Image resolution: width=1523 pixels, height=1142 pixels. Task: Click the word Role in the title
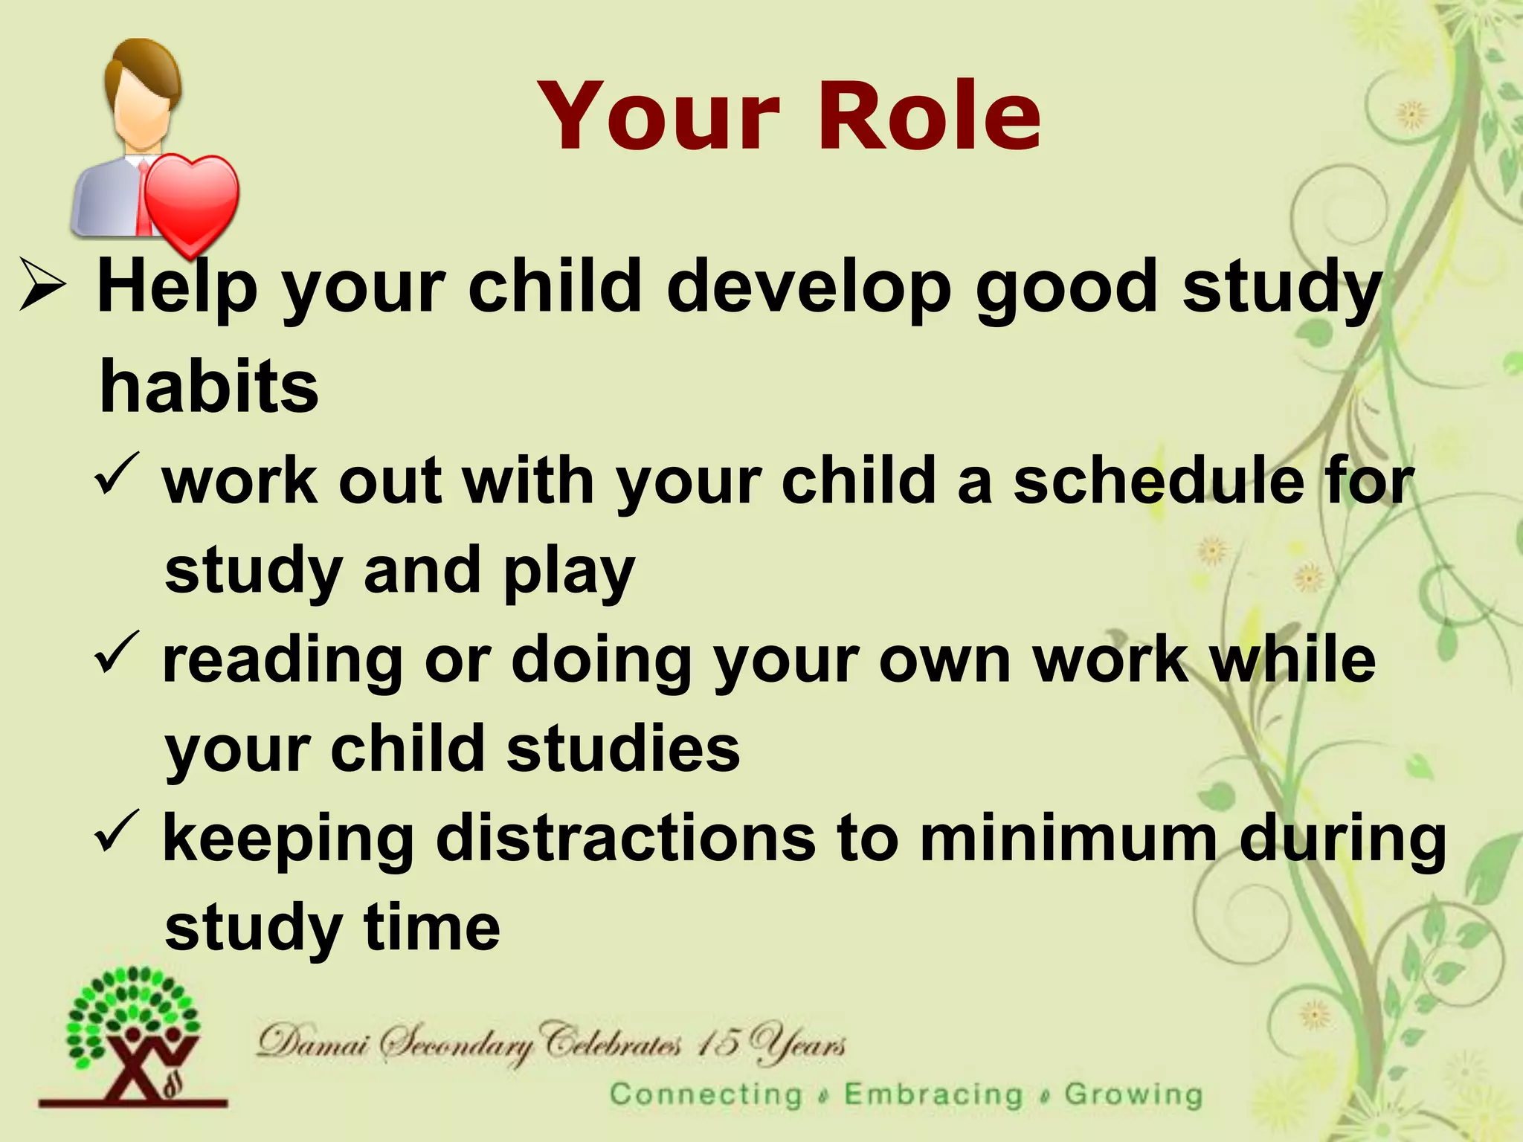pos(930,117)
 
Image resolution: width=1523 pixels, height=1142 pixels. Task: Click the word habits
pos(209,386)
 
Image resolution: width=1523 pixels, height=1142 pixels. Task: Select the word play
pos(569,572)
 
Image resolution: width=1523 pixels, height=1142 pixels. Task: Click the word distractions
pos(625,838)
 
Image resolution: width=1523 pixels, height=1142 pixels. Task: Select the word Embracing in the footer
pos(933,1094)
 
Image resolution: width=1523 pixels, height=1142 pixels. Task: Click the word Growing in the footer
pos(1133,1094)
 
